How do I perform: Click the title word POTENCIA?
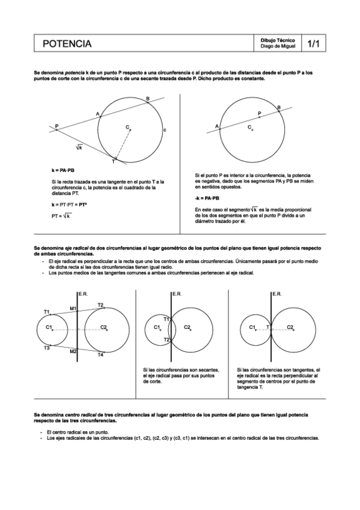tap(67, 44)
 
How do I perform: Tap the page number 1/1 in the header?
tap(313, 44)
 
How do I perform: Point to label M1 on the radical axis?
tap(72, 309)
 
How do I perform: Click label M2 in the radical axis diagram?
tap(72, 351)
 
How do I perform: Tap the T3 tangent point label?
tap(46, 348)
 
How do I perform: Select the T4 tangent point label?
tap(101, 355)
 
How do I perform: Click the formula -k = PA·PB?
tap(207, 197)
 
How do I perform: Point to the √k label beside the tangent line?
tap(79, 147)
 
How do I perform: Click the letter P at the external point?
tap(56, 126)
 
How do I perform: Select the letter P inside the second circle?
tap(260, 113)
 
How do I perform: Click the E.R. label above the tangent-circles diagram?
tap(277, 294)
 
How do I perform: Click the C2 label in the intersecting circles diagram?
tap(187, 327)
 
